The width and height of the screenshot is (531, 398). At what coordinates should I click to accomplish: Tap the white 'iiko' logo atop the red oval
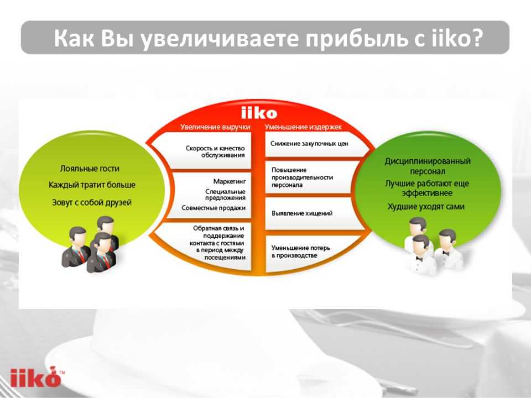[x=259, y=113]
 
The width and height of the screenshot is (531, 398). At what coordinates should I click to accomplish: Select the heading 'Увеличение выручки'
[x=215, y=127]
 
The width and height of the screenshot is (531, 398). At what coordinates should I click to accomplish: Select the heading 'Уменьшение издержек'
[x=303, y=127]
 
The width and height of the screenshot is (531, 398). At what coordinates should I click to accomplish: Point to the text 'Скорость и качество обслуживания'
[x=215, y=151]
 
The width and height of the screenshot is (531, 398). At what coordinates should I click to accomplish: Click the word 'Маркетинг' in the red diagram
[x=229, y=181]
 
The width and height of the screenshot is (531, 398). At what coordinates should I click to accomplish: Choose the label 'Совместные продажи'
[x=214, y=208]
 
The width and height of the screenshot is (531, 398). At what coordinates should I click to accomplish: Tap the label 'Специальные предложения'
[x=225, y=195]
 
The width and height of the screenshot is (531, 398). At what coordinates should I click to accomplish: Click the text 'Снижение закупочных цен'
[x=309, y=144]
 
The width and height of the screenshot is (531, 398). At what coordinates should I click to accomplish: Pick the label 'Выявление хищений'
[x=302, y=213]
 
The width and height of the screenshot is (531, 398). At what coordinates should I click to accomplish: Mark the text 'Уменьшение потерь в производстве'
[x=301, y=252]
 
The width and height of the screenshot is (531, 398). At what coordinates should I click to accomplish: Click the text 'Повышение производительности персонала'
[x=302, y=177]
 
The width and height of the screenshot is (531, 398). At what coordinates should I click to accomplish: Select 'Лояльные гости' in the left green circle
[x=90, y=169]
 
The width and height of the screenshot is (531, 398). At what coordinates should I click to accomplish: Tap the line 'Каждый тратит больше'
[x=92, y=185]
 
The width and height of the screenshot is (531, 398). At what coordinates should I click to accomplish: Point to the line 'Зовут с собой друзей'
[x=91, y=202]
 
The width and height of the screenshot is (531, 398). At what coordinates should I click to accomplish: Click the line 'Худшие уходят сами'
[x=426, y=206]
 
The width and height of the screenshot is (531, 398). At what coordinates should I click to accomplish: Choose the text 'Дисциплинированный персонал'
[x=428, y=166]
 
